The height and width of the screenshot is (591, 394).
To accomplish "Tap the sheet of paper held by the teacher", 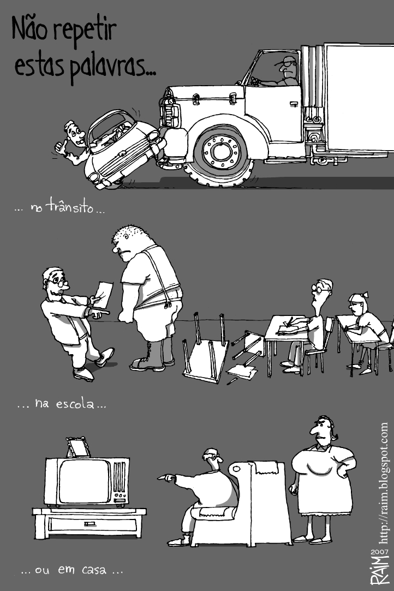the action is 103,295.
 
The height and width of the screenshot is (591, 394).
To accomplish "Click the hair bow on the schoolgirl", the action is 363,294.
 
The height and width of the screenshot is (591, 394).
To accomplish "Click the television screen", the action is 84,482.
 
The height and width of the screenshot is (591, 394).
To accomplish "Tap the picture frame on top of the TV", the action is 78,447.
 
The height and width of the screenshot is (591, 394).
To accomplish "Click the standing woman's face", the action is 320,429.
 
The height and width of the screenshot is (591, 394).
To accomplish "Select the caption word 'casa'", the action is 94,570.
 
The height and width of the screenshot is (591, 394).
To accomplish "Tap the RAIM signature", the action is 379,570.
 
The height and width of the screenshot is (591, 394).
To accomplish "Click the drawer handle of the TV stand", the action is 89,523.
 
